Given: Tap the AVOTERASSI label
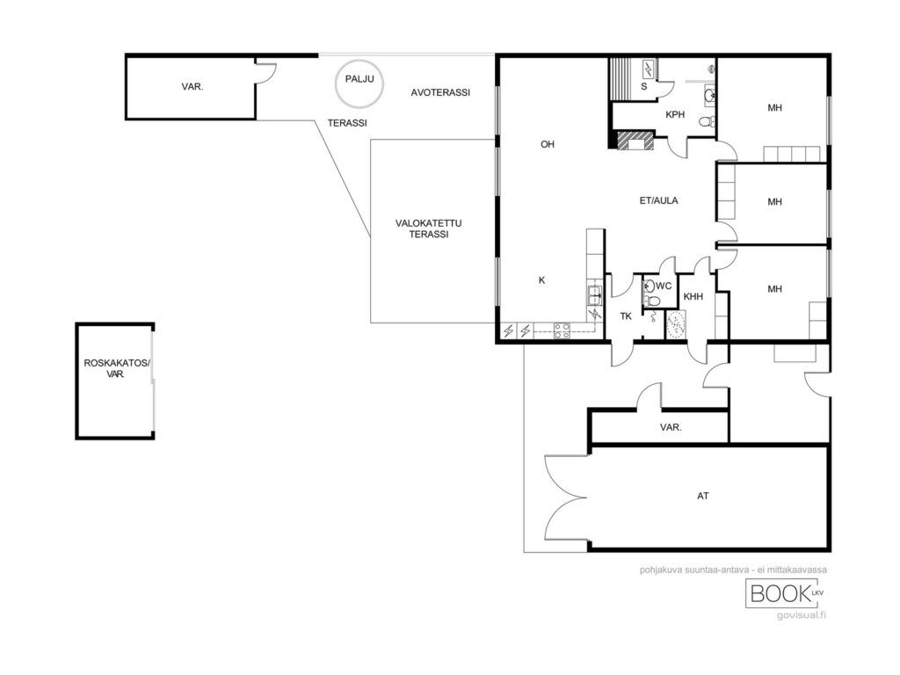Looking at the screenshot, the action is click(440, 92).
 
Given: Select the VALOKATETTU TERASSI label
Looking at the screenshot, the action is click(428, 229).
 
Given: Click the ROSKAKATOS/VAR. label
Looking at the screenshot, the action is click(117, 368).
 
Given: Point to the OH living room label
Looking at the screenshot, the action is click(547, 144).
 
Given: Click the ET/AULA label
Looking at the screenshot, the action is click(658, 200).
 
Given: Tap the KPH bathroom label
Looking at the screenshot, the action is click(675, 114).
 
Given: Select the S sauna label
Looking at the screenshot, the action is click(644, 87).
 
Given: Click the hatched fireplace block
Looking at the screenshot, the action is click(635, 140).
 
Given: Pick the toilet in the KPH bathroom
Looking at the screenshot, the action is click(708, 121).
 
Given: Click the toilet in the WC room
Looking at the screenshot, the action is click(653, 301).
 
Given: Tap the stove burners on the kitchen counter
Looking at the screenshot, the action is click(562, 330).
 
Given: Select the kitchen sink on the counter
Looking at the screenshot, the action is click(594, 294).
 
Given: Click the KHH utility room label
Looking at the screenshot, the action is click(693, 297).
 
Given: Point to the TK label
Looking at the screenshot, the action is click(626, 316).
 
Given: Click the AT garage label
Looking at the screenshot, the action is click(702, 496).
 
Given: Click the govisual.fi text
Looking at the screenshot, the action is click(802, 616).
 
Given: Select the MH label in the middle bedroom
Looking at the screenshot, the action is click(774, 201).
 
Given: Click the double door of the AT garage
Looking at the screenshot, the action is click(565, 497).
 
